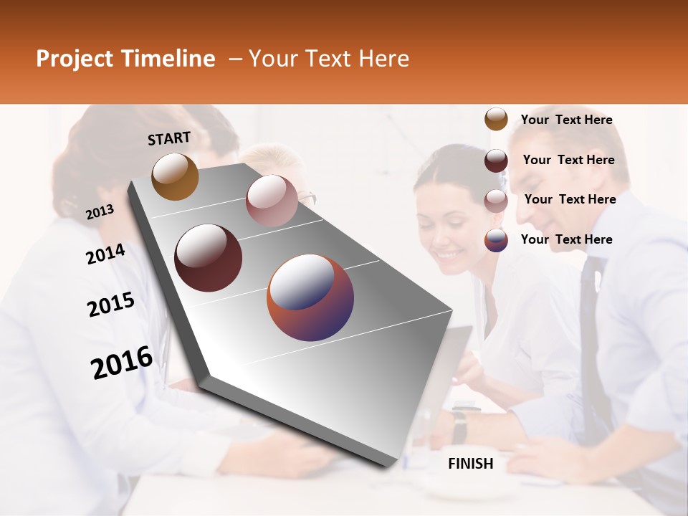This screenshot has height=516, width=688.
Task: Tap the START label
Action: pos(169,138)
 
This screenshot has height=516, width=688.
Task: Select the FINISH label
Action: pos(471,464)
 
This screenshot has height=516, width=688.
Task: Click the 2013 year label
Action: pos(100,211)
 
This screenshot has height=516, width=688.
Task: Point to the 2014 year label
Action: pos(105,254)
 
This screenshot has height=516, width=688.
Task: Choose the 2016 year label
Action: pos(122,362)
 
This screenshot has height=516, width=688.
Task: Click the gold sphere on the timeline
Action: pos(175,176)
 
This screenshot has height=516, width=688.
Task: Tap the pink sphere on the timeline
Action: pos(272,201)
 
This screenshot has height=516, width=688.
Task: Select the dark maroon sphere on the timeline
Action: pos(209,258)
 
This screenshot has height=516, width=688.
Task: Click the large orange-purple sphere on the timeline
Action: pos(310,297)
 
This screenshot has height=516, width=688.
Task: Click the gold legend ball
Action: pos(496,120)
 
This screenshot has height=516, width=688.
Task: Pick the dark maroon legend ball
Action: pos(496,161)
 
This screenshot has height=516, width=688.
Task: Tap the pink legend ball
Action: pos(496,201)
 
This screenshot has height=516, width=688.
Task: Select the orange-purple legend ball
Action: pos(496,240)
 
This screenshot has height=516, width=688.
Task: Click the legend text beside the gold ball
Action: pos(566,120)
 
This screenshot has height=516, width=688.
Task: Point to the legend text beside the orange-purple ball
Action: pos(566,239)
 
